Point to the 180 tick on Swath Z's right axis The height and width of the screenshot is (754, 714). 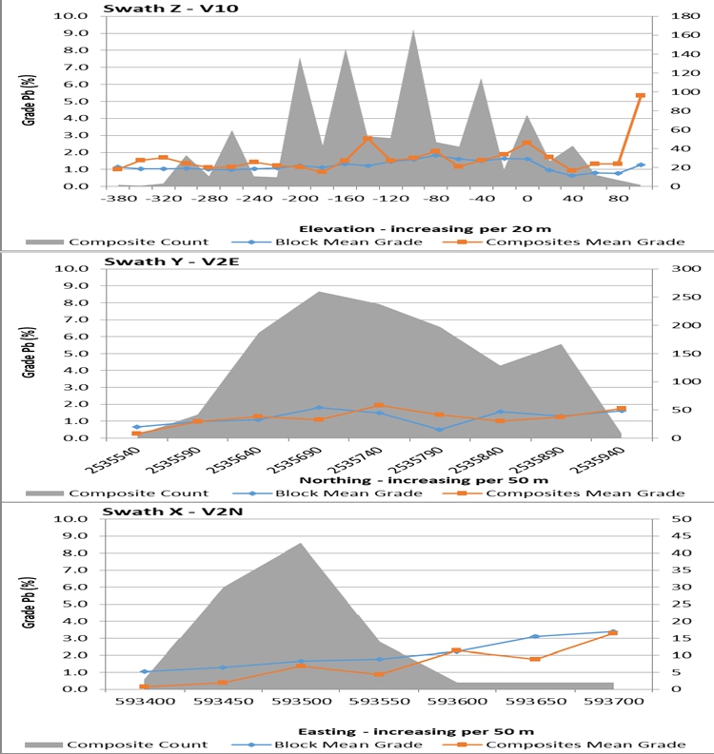tap(658, 16)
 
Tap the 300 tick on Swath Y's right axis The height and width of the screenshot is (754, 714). tap(658, 268)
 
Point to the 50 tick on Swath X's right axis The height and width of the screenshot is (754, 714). tap(656, 519)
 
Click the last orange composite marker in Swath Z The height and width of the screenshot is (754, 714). tap(640, 96)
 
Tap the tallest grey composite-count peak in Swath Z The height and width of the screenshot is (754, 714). tap(413, 30)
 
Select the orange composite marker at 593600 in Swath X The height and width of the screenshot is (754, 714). tap(456, 650)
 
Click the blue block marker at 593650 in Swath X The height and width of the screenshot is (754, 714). tap(535, 636)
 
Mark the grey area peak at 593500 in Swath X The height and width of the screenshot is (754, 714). tap(301, 544)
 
